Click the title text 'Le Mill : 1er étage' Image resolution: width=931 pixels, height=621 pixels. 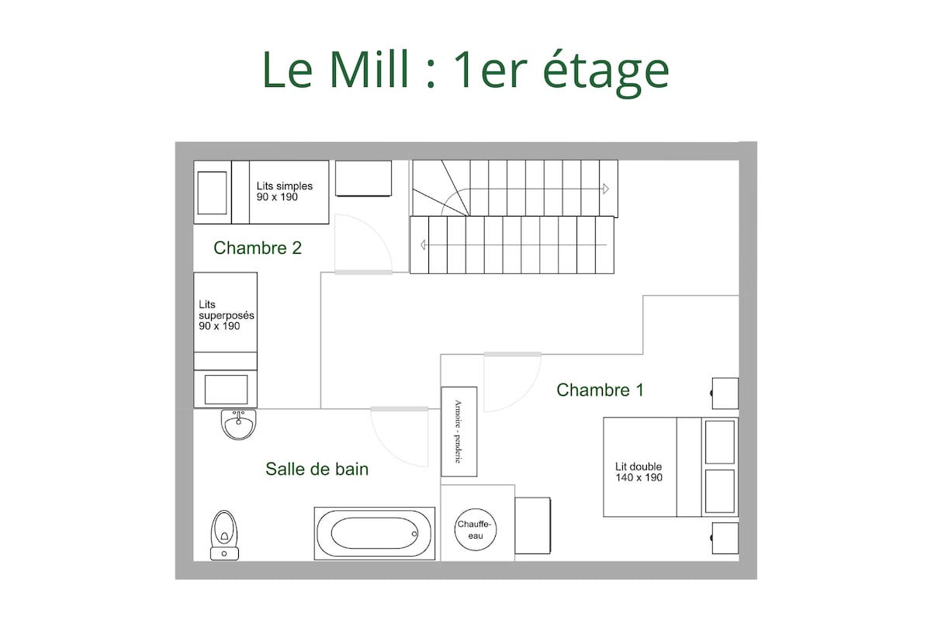coord(465,71)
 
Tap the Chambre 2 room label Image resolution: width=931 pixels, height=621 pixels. coord(258,248)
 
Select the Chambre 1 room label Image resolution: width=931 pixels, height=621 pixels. coord(600,390)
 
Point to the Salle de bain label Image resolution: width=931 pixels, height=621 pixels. coord(317,469)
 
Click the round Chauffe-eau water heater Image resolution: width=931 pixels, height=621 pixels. coord(475,529)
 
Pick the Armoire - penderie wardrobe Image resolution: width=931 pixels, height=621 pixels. coord(459,432)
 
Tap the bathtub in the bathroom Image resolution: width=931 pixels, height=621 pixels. coord(375,533)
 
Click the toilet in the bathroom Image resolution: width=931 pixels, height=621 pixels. coord(224,536)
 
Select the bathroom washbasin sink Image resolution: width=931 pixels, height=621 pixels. coord(239,425)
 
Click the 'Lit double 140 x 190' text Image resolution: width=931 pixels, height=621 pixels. coord(639,472)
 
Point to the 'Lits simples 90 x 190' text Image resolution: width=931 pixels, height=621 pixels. coord(284,191)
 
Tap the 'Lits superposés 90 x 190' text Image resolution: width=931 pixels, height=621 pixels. coord(226,315)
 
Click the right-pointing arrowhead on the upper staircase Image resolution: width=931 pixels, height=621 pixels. coord(606,189)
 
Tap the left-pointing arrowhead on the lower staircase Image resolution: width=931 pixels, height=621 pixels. coord(423,245)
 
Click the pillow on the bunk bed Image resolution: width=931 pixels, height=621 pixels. coord(226,390)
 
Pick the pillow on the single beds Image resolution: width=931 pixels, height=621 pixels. coord(212,193)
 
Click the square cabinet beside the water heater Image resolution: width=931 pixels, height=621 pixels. coord(533,526)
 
